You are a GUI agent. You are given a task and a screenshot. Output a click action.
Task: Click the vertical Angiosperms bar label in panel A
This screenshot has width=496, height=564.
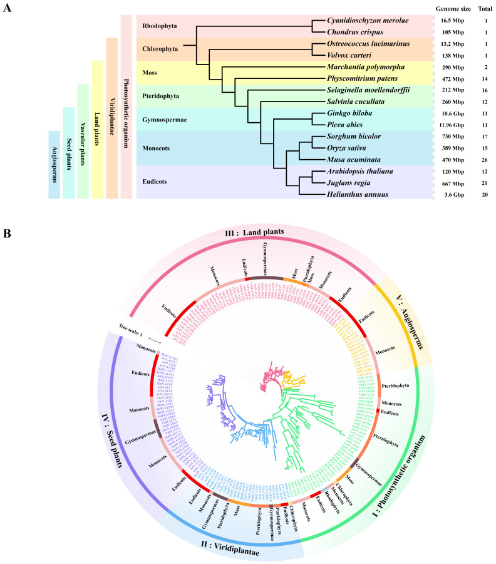[54, 165]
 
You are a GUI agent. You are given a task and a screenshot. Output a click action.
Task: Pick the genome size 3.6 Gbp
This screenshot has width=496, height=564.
[451, 195]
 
